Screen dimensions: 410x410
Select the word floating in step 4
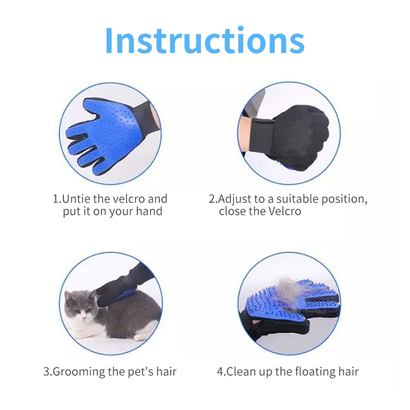pyautogui.click(x=298, y=372)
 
